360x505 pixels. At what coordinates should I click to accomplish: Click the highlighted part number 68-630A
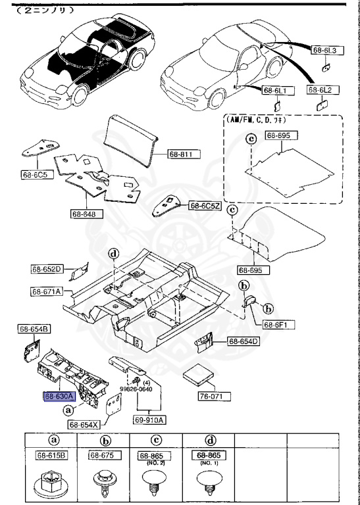(x=59, y=397)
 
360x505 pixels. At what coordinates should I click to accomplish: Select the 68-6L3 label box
(x=324, y=50)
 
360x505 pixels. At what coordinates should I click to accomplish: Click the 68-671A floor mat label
(x=46, y=291)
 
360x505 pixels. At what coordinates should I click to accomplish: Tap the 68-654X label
(x=84, y=424)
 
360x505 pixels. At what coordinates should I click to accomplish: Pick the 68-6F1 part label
(x=279, y=324)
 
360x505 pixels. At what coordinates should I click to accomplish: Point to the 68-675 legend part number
(x=102, y=455)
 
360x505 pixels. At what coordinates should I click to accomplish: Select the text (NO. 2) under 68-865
(x=151, y=464)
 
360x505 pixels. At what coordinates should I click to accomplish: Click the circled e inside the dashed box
(x=250, y=139)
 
